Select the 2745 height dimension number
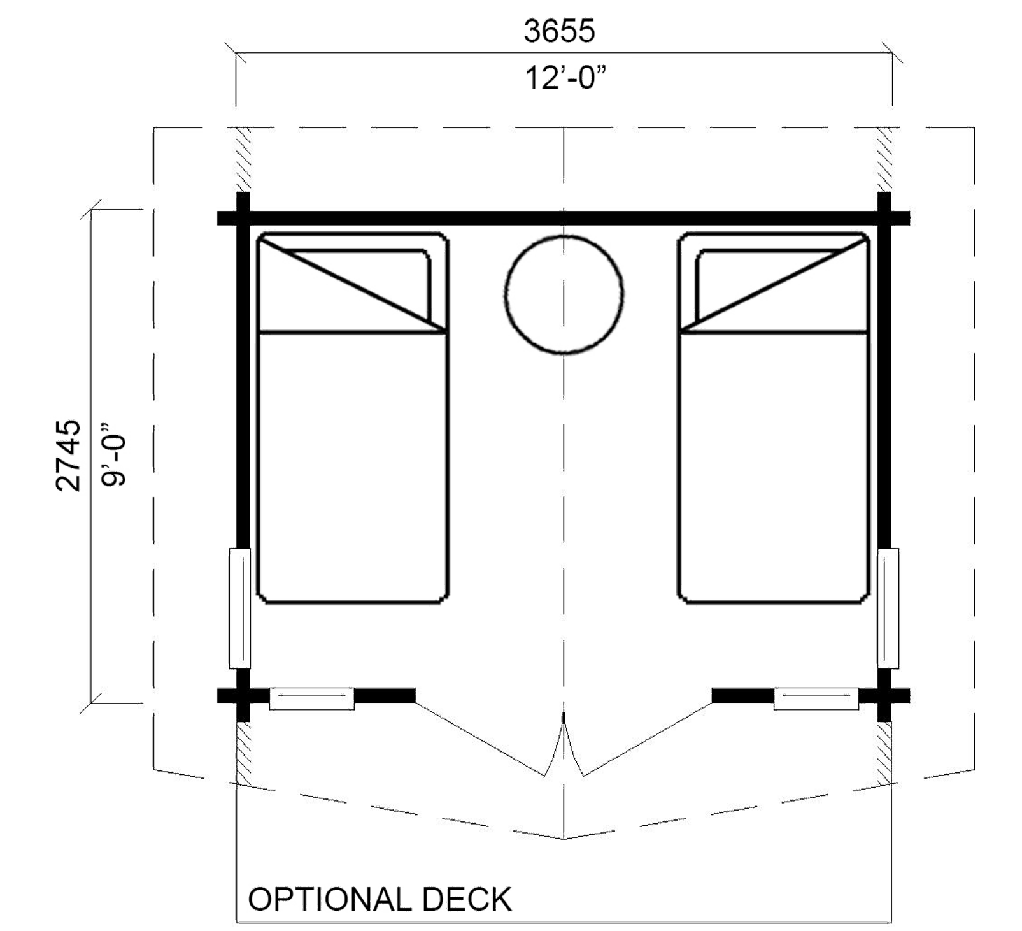coord(69,455)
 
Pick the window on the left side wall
coord(239,609)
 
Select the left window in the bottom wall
coord(311,699)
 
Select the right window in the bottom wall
coord(815,699)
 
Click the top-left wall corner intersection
coord(243,217)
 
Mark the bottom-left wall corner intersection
coord(243,696)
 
